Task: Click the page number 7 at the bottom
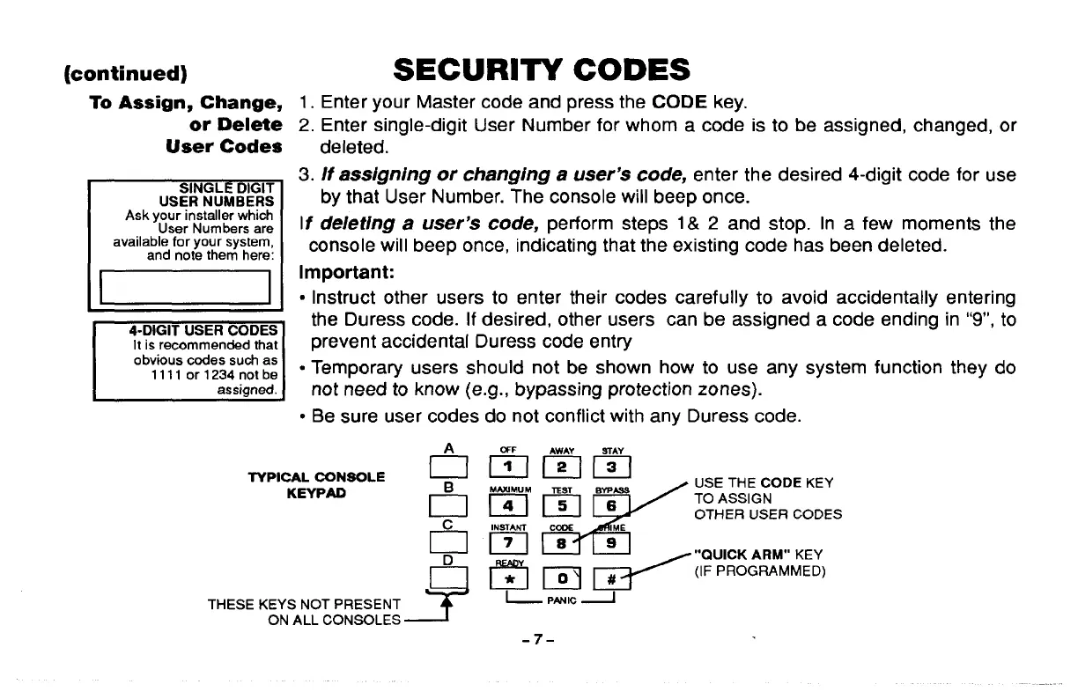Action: click(536, 635)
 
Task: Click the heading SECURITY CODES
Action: click(541, 69)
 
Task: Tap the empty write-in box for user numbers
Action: click(184, 287)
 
